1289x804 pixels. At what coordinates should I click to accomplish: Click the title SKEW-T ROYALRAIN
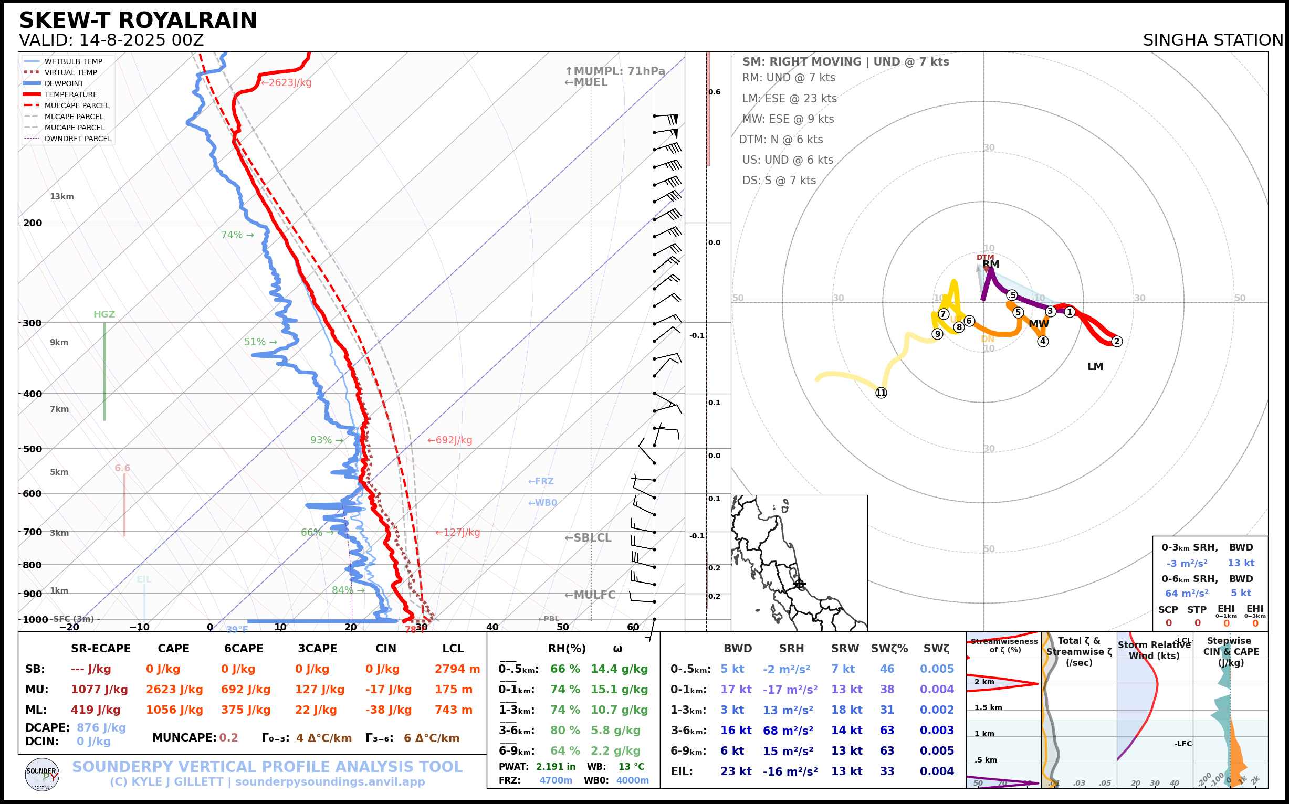(x=138, y=20)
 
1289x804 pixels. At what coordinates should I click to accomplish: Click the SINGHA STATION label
(x=1212, y=40)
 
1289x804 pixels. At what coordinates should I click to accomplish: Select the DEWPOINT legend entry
(x=64, y=83)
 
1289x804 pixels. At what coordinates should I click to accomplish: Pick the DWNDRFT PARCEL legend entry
(x=78, y=139)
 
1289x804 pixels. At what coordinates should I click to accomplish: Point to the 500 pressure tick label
(x=33, y=449)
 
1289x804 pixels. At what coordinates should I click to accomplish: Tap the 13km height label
(x=62, y=196)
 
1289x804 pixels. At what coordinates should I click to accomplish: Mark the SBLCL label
(x=588, y=537)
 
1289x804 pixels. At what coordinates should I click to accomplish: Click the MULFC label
(x=590, y=595)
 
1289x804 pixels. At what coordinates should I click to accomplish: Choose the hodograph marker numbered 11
(x=881, y=393)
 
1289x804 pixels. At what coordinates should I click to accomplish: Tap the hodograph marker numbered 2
(x=1117, y=341)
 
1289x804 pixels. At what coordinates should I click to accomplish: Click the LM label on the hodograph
(x=1095, y=366)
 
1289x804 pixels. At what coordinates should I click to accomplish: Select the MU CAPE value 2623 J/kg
(x=174, y=690)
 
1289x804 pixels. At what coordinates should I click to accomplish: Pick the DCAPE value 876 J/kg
(x=101, y=727)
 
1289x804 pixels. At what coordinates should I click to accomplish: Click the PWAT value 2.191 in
(x=556, y=767)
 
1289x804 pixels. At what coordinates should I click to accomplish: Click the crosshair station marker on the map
(x=799, y=584)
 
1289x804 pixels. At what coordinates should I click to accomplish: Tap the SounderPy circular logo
(x=42, y=774)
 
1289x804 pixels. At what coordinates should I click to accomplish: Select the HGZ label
(x=104, y=314)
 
